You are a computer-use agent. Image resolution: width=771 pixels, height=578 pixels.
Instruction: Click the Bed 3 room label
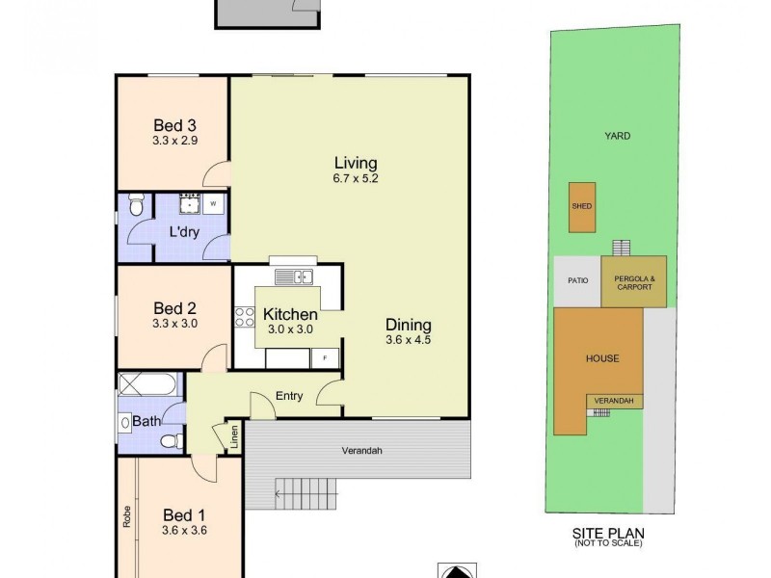point(175,124)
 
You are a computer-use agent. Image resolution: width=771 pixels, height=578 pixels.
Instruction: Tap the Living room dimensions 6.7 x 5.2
point(356,178)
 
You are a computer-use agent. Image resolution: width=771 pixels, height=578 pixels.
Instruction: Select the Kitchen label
point(290,315)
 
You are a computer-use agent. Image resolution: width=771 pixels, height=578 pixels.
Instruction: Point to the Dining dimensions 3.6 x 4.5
point(409,340)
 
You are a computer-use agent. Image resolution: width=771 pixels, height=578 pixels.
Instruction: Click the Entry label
point(289,396)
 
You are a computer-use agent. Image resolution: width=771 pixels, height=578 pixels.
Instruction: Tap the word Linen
point(233,437)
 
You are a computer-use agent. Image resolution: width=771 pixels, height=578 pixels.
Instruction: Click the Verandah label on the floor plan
point(362,451)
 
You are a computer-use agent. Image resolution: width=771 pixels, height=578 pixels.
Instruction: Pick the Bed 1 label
point(183,514)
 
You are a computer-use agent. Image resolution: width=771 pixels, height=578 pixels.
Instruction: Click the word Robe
point(126,517)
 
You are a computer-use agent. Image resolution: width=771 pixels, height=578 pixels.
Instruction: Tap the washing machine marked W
point(213,204)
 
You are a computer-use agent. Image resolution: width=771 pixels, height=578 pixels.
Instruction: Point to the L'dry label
point(185,231)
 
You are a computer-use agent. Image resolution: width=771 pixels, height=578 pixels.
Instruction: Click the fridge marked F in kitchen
point(325,358)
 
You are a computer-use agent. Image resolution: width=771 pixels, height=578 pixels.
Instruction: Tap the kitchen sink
point(294,278)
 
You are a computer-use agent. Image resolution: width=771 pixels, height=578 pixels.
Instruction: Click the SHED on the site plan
point(581,207)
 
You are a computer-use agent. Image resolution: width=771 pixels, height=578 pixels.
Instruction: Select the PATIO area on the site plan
point(575,282)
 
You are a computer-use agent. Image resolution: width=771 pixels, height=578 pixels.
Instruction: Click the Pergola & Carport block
point(633,282)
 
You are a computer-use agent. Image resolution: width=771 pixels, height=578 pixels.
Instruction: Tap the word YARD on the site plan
point(617,137)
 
